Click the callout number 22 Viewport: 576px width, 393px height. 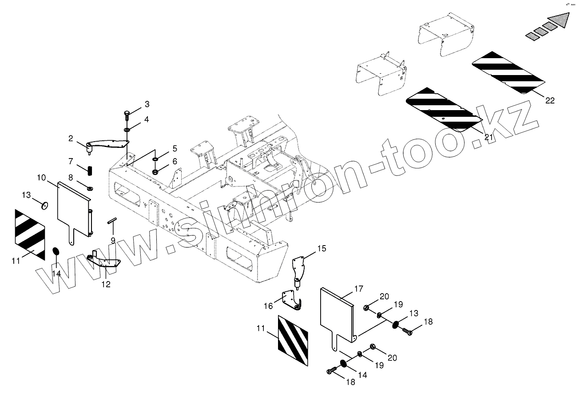coord(550,100)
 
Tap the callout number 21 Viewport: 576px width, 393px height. coord(489,137)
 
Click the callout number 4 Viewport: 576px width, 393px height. coord(146,119)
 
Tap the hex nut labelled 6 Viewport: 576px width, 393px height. coord(155,171)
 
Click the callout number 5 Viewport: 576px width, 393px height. coord(175,148)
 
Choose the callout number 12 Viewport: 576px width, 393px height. coord(106,284)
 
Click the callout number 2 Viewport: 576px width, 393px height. coord(71,139)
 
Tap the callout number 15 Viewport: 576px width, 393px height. coord(321,248)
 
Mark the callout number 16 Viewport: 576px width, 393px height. coord(268,306)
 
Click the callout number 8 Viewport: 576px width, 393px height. coord(71,178)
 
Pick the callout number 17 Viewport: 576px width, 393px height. coord(358,289)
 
